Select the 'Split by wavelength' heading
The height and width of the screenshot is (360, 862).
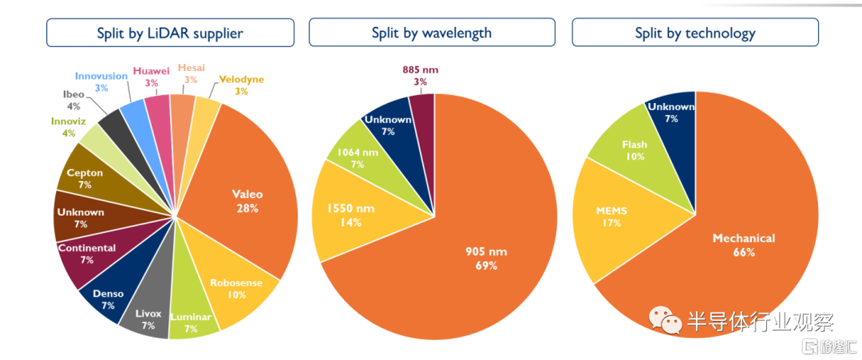(432, 33)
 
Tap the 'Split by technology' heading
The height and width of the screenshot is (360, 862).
(695, 33)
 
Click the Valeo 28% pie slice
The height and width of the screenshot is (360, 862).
(247, 200)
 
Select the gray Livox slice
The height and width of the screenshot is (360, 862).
(147, 315)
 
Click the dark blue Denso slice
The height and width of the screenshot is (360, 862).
(108, 297)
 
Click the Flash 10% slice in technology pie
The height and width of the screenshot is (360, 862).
(635, 150)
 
